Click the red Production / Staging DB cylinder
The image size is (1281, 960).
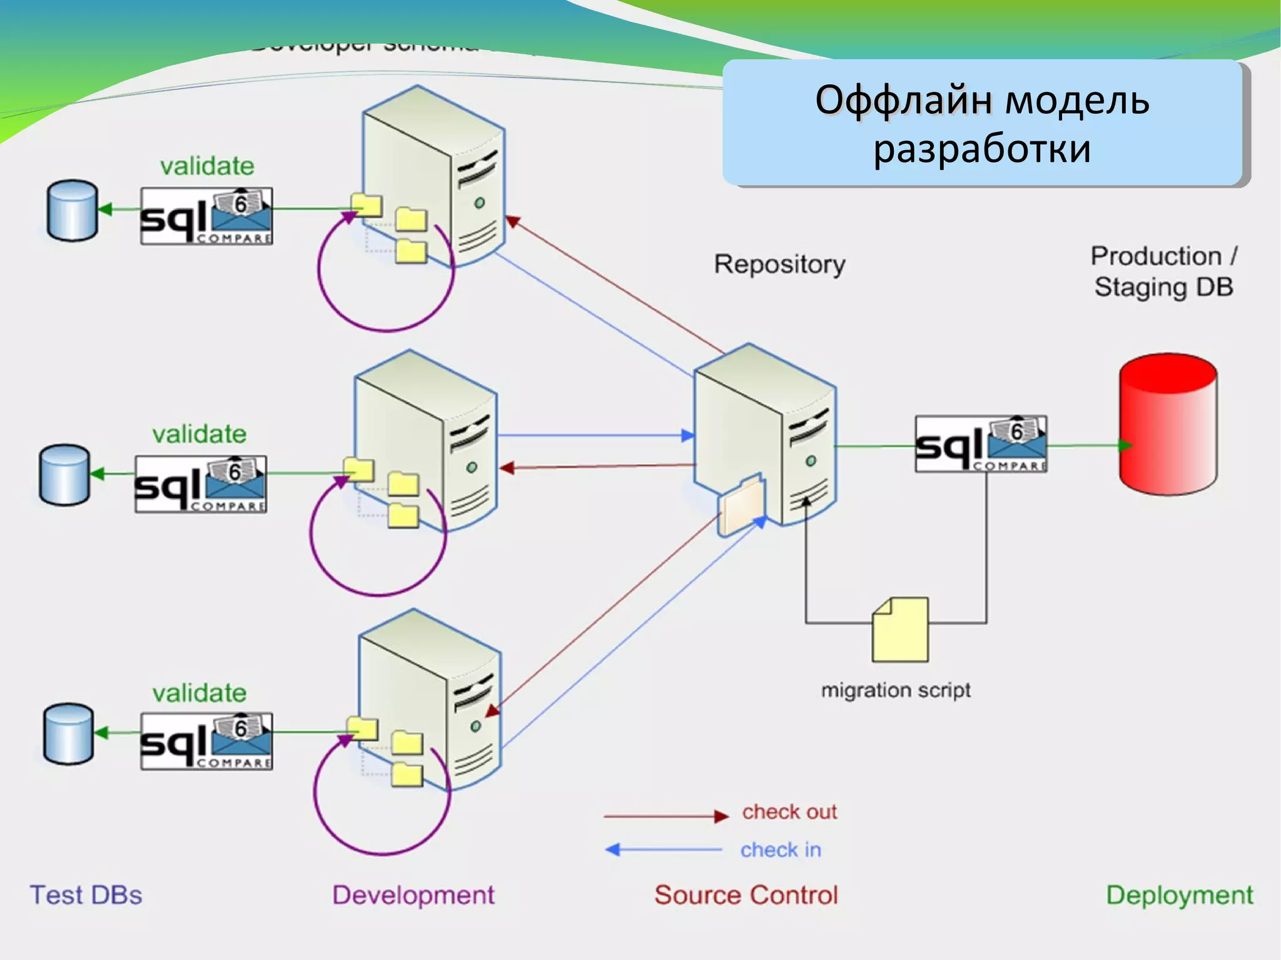pyautogui.click(x=1167, y=425)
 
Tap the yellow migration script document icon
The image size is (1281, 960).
pyautogui.click(x=900, y=630)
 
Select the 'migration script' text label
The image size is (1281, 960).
pyautogui.click(x=895, y=690)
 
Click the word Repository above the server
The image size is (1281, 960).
pyautogui.click(x=779, y=265)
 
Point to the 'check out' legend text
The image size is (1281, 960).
pyautogui.click(x=789, y=812)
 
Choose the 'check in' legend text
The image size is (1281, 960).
pyautogui.click(x=780, y=850)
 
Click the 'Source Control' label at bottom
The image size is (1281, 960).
pyautogui.click(x=746, y=895)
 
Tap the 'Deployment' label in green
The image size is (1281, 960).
pyautogui.click(x=1179, y=895)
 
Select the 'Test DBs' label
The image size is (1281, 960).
pyautogui.click(x=86, y=895)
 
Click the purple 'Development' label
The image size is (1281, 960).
pyautogui.click(x=413, y=895)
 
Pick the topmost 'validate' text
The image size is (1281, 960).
pyautogui.click(x=207, y=166)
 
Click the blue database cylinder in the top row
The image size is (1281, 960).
pyautogui.click(x=73, y=211)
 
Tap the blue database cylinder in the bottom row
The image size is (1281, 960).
pyautogui.click(x=68, y=734)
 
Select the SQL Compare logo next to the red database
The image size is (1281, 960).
pyautogui.click(x=980, y=444)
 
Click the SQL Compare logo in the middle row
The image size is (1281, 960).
pyautogui.click(x=200, y=485)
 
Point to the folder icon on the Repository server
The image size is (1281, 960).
pyautogui.click(x=742, y=505)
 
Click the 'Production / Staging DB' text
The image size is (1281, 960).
pyautogui.click(x=1163, y=271)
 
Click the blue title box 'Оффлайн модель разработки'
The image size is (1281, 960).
pyautogui.click(x=982, y=123)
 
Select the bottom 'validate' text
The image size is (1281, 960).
pyautogui.click(x=200, y=693)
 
